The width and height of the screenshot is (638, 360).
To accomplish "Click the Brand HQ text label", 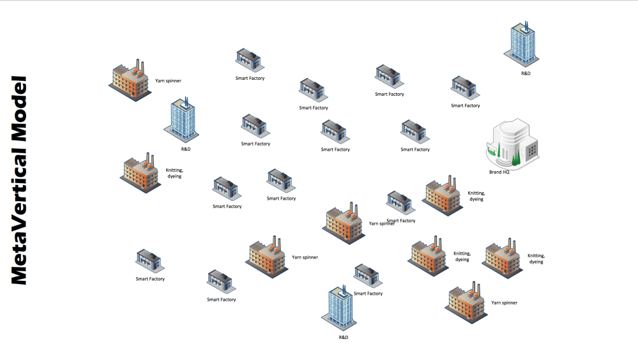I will (499, 172).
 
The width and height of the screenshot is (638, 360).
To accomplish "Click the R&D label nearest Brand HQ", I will (526, 73).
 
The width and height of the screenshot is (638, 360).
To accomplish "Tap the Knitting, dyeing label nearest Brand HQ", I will (476, 196).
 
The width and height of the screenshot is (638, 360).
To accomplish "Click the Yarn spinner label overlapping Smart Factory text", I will (382, 223).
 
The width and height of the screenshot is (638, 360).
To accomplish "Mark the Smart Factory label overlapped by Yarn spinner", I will (401, 221).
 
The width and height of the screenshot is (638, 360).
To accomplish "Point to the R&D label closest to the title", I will (186, 149).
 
